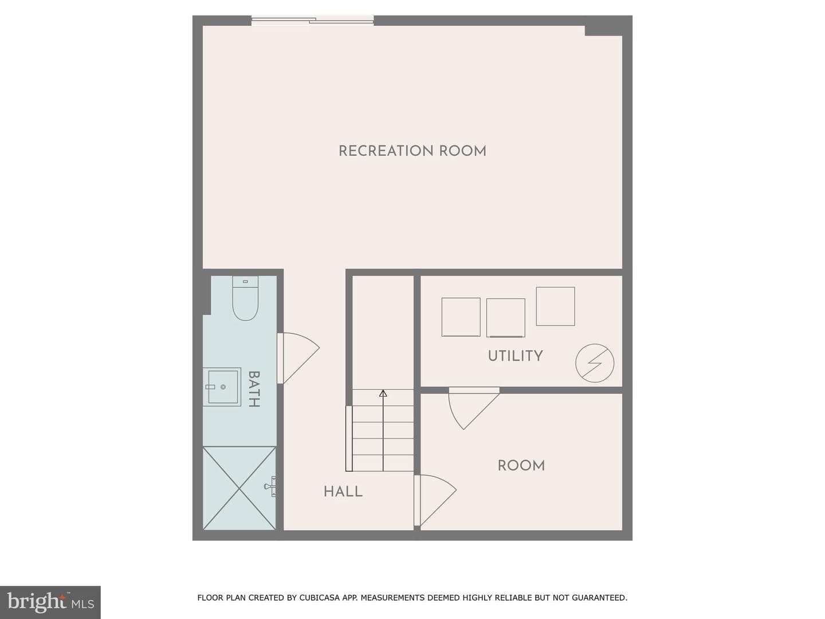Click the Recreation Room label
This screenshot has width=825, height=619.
pos(412,151)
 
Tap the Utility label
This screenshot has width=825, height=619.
pos(515,355)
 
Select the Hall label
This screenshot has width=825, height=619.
pos(343,491)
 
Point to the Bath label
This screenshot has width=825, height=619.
pos(254,389)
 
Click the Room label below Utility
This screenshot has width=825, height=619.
pos(521,465)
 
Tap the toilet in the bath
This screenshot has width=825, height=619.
pos(245,298)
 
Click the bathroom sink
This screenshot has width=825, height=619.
pos(222,387)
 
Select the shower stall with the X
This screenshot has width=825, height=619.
pos(239,488)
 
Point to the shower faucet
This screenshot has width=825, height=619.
pos(270,487)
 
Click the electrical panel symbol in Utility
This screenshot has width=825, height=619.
pos(595,363)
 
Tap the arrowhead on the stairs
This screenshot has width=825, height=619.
pos(383,394)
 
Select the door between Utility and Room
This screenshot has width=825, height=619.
pos(474,408)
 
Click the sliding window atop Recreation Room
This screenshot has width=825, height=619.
pos(312,20)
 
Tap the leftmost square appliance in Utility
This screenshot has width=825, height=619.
pos(461,317)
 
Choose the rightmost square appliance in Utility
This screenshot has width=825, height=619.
pos(555,306)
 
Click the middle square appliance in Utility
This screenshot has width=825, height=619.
pos(505,318)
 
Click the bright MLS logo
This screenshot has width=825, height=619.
pos(50,602)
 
